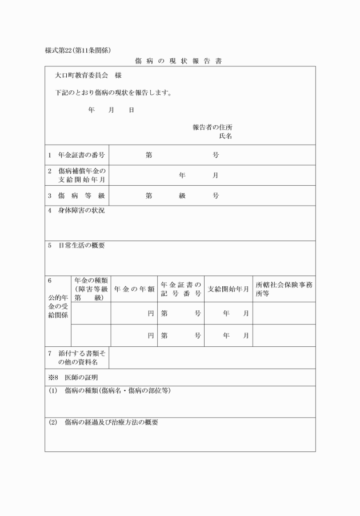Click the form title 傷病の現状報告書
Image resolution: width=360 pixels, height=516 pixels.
pos(180,60)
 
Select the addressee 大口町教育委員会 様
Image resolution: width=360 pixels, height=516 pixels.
pos(88,75)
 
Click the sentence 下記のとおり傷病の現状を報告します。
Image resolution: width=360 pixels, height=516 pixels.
pos(114,93)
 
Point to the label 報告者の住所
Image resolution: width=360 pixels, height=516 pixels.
pos(212,127)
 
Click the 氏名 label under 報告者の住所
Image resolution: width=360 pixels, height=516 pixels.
pos(225,137)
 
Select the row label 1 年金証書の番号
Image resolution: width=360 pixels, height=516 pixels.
pos(77,155)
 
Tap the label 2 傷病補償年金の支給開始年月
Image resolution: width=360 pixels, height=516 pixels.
pos(79,175)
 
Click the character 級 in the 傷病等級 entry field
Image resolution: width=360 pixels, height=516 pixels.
pos(182,195)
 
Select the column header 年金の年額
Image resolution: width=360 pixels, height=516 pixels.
pos(134,289)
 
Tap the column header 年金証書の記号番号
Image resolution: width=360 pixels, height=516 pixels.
pos(181,289)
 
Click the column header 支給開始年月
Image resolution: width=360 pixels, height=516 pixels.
pos(228,289)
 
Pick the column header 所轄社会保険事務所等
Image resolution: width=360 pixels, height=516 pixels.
pos(284,289)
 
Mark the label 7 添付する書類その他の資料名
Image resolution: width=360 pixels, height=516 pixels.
pos(77,358)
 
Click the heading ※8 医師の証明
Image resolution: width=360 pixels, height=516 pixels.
pos(73,378)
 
